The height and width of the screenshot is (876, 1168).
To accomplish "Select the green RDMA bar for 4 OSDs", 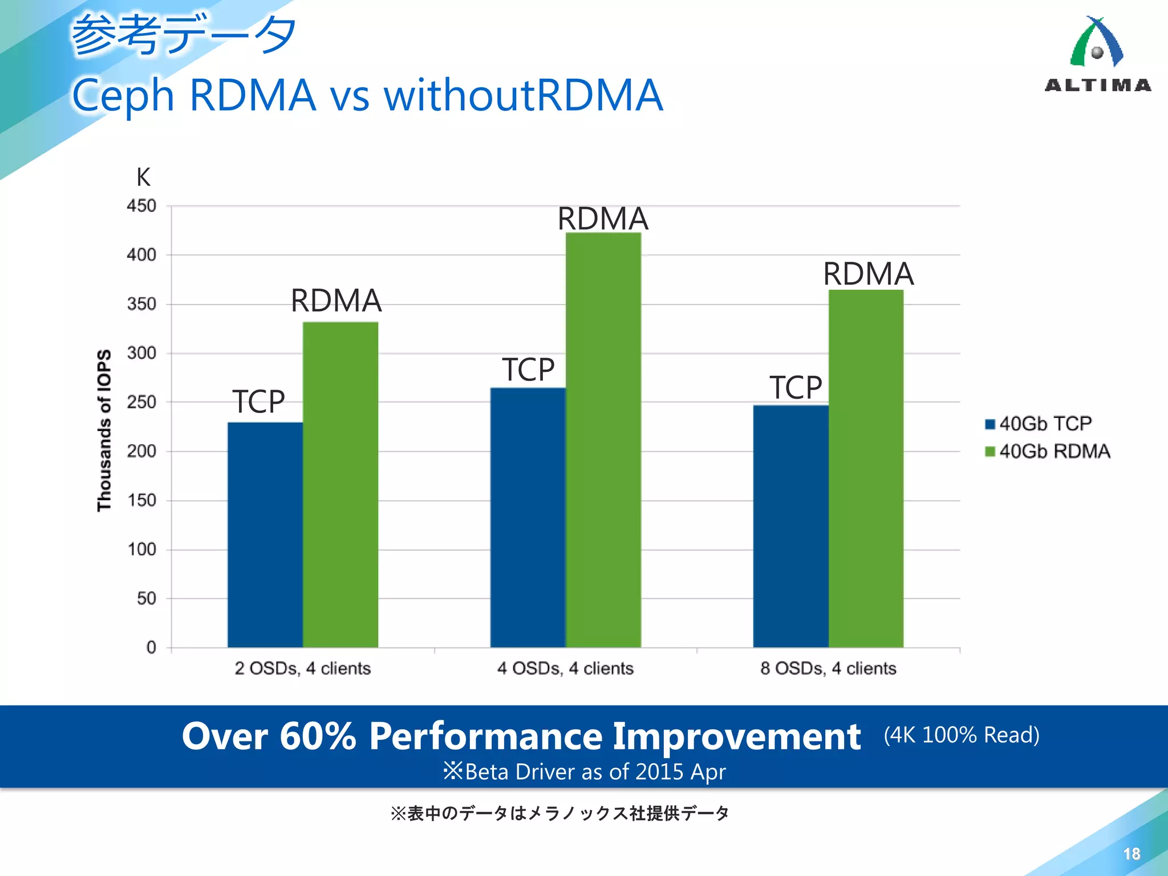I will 603,439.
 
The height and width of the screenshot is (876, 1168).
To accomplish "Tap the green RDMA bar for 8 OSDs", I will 866,468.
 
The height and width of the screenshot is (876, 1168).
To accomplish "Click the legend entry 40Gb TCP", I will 1037,424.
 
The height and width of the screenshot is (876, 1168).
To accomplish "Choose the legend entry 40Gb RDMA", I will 1047,452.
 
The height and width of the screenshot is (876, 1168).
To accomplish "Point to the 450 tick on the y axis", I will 141,206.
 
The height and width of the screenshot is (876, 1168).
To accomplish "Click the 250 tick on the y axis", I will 141,402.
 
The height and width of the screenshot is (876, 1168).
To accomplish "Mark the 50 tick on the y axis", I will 146,598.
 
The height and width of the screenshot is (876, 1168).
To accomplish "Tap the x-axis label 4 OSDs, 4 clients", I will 565,668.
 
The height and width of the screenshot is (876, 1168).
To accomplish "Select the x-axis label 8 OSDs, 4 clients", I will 828,668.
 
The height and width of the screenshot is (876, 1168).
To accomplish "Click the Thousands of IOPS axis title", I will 104,430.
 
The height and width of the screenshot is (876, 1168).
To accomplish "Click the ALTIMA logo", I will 1097,54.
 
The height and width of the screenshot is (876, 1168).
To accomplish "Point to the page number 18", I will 1131,854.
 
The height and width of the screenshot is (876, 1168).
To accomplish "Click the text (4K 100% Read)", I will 962,735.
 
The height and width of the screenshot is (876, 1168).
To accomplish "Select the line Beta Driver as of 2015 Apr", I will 585,772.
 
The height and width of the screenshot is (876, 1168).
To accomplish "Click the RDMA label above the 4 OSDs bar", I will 603,218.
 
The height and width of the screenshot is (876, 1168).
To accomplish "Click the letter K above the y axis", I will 143,177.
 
